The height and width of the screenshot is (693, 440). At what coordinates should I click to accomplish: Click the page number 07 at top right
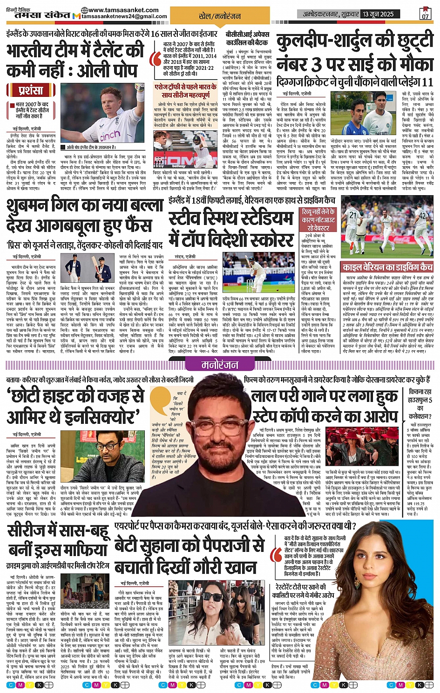pos(425,16)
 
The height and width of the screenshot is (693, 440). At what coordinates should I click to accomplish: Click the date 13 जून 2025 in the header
pos(378,14)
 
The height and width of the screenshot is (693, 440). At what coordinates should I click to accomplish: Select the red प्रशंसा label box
pos(31,90)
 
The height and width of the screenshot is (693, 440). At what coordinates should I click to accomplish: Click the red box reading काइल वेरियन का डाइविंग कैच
pos(387,267)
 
